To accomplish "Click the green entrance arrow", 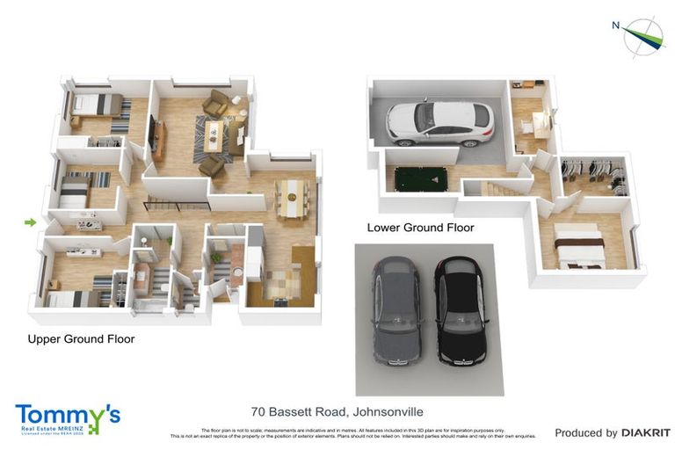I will point(30,222).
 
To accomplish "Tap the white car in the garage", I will point(439,123).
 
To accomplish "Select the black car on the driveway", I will point(460,312).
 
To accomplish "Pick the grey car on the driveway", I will point(396,312).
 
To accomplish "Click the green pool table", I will point(420,179).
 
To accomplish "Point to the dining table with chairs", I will point(292,196).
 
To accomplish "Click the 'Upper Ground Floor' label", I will point(81,338).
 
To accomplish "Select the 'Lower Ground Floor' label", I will point(420,228).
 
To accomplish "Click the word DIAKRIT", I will point(646,432).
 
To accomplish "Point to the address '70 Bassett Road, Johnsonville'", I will point(336,410).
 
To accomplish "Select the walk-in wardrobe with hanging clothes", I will point(593,175).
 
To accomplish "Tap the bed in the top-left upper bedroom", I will point(97,105).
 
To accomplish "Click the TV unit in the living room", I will point(158,139).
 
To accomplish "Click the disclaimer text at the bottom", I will point(352,432).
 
